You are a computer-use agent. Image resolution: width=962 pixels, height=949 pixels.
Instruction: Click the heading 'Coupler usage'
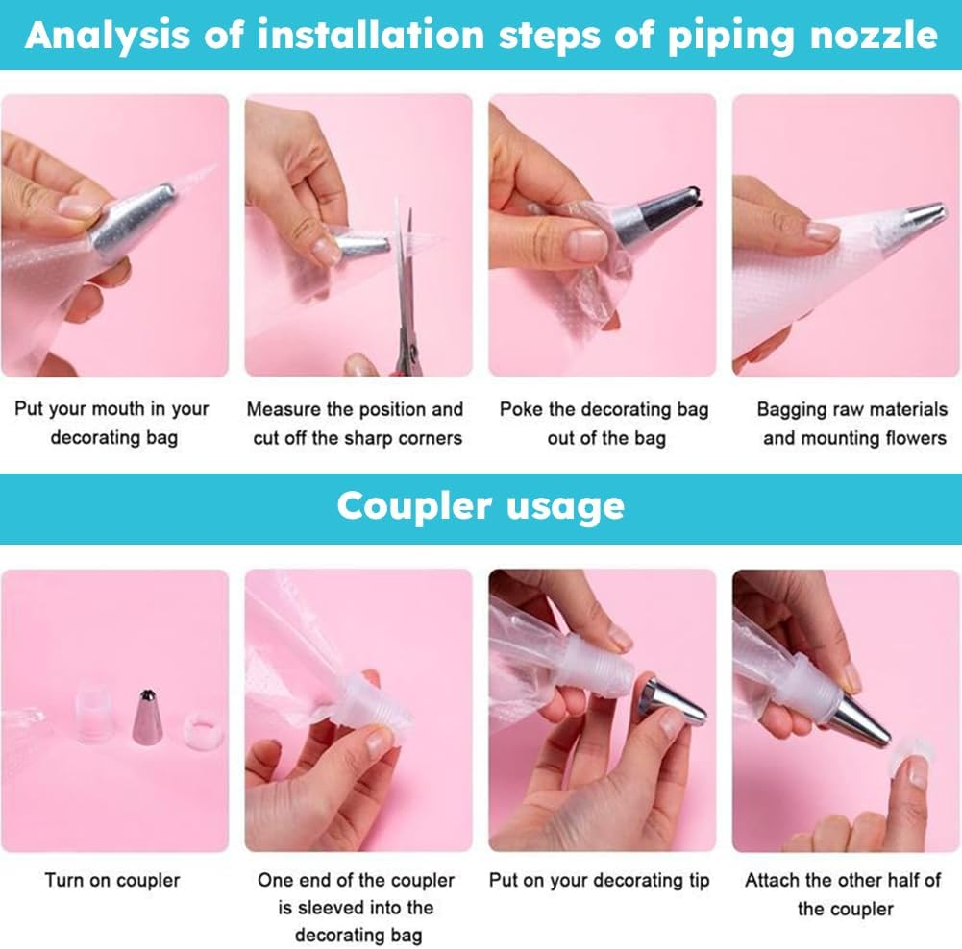(x=481, y=506)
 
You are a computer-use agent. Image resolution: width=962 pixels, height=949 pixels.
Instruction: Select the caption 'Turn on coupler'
(x=112, y=880)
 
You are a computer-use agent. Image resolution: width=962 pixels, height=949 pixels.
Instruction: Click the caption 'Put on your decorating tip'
(x=599, y=880)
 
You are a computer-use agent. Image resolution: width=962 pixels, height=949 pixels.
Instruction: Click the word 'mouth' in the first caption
(x=109, y=409)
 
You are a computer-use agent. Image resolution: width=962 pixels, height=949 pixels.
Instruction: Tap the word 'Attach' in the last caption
(x=774, y=880)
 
